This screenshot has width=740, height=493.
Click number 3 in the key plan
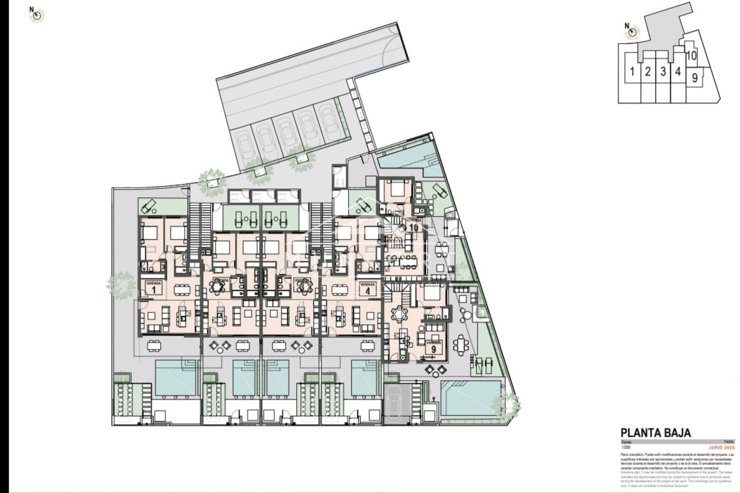pyautogui.click(x=663, y=72)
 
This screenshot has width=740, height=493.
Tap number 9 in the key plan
pyautogui.click(x=695, y=78)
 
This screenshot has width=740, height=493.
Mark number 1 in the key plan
pyautogui.click(x=632, y=72)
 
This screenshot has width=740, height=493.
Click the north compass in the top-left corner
pyautogui.click(x=38, y=15)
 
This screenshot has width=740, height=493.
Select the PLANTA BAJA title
pyautogui.click(x=656, y=433)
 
